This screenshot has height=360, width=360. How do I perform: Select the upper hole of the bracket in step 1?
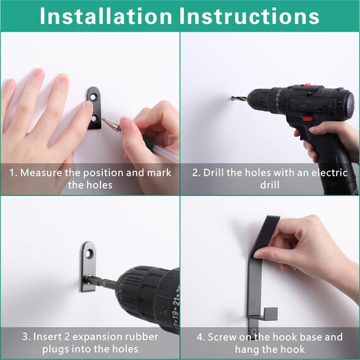pos(95,96)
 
